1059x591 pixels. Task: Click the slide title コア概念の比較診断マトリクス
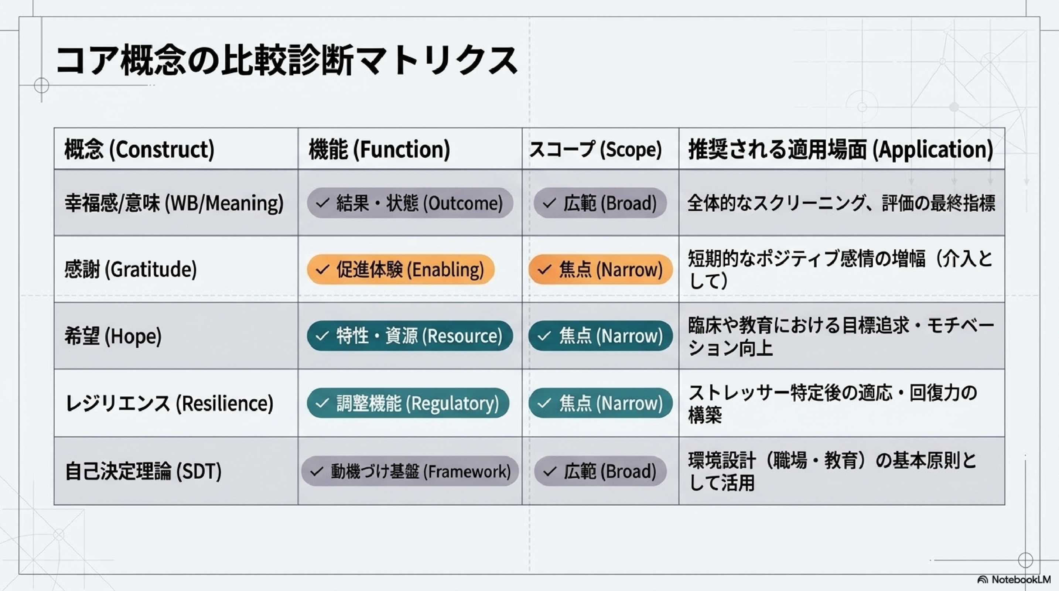coord(287,61)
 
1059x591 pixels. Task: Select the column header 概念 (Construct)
coord(139,149)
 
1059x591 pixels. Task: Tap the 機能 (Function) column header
coord(379,149)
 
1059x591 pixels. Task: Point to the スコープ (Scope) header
coord(595,149)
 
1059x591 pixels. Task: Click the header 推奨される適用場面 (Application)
coord(841,149)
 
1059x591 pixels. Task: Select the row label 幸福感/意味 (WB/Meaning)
coord(174,203)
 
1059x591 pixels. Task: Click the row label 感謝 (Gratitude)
coord(130,270)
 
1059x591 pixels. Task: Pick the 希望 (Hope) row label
coord(113,336)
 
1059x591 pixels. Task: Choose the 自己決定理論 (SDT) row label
coord(143,471)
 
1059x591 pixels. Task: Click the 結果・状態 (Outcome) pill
coord(410,203)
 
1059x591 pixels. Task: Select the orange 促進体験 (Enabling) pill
coord(400,270)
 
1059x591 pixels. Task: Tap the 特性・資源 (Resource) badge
coord(410,336)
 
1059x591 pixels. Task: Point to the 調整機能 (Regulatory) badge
coord(408,403)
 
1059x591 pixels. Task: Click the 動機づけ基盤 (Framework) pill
coord(410,471)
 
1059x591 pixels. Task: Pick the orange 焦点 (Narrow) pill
coord(601,270)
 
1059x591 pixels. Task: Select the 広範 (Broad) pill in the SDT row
coord(600,471)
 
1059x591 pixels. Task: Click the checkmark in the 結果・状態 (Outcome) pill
coord(323,203)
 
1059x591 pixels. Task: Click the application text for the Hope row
coord(841,336)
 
